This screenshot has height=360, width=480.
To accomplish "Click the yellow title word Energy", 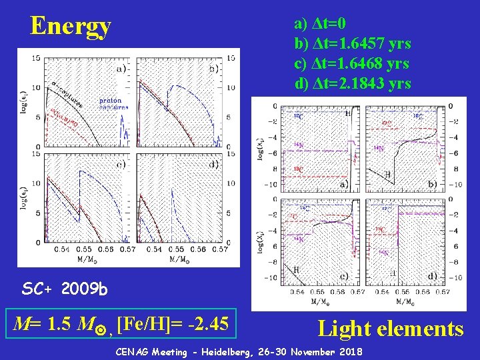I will click(x=71, y=26).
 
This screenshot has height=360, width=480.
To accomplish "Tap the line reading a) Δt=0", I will click(x=320, y=24).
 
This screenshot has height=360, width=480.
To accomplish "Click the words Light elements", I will click(x=391, y=328).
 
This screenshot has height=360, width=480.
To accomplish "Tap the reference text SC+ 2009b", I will click(x=63, y=289).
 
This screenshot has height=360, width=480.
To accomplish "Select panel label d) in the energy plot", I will click(x=214, y=165).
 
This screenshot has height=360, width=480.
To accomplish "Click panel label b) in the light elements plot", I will click(x=431, y=183).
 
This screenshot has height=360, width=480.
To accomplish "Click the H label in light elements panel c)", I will click(x=295, y=269).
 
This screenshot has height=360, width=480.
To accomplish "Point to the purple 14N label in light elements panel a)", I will click(x=299, y=145).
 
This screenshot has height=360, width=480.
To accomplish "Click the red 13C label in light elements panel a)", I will click(x=299, y=169).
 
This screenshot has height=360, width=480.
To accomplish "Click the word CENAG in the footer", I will click(x=135, y=351).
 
